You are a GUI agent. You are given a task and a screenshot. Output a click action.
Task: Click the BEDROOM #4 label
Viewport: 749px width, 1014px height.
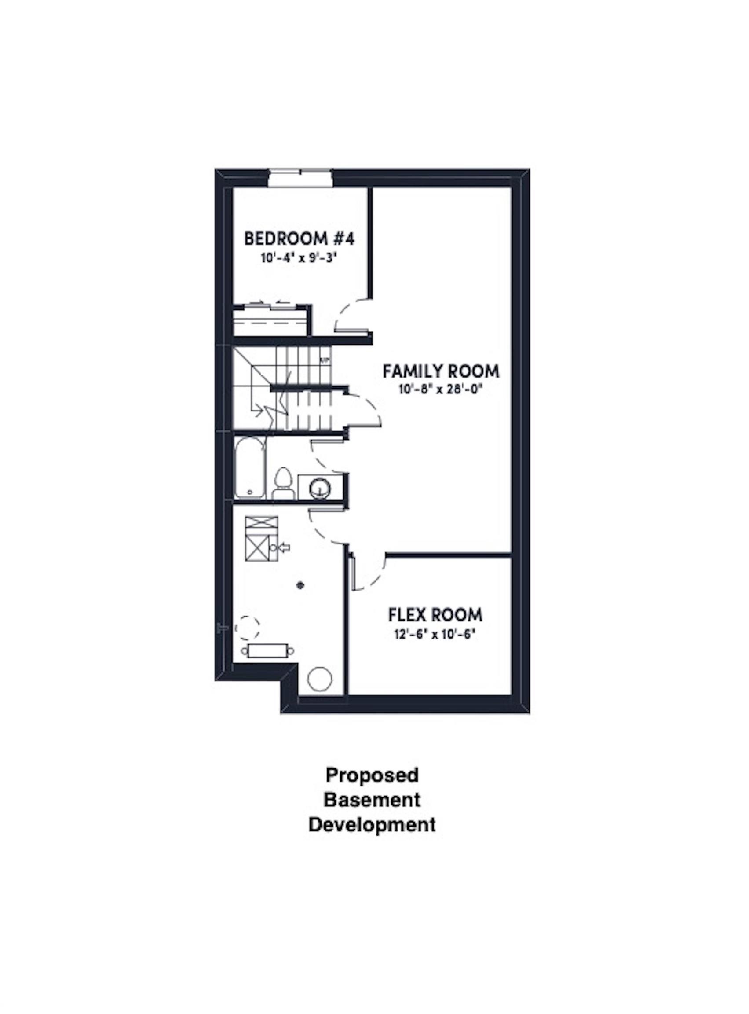[x=299, y=239]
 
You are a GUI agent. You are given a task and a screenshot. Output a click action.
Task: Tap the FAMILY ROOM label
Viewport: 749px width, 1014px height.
[x=441, y=371]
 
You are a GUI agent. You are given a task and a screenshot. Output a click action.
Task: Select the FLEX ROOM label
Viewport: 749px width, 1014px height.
[x=435, y=615]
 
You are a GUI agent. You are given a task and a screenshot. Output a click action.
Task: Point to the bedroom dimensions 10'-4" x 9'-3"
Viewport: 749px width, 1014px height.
[x=300, y=259]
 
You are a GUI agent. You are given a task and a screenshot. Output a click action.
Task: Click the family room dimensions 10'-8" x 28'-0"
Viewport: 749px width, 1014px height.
[x=439, y=390]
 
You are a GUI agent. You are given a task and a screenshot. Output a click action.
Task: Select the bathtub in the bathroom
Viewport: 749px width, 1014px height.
[x=250, y=467]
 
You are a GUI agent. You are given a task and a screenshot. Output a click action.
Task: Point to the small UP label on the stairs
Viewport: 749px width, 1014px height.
[x=325, y=361]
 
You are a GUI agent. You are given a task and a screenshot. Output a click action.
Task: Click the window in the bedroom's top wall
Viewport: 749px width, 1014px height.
[x=300, y=177]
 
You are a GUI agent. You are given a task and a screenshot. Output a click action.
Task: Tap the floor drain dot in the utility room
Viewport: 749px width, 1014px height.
[x=300, y=585]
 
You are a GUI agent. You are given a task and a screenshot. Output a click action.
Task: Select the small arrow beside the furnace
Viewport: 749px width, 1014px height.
[x=284, y=548]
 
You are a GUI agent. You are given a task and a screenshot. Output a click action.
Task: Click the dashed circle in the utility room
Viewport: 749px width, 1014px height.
[x=248, y=628]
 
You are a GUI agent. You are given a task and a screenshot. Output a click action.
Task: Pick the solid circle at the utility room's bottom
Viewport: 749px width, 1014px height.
[x=320, y=680]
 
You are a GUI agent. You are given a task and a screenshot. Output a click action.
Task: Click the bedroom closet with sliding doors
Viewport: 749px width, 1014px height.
[x=271, y=322]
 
